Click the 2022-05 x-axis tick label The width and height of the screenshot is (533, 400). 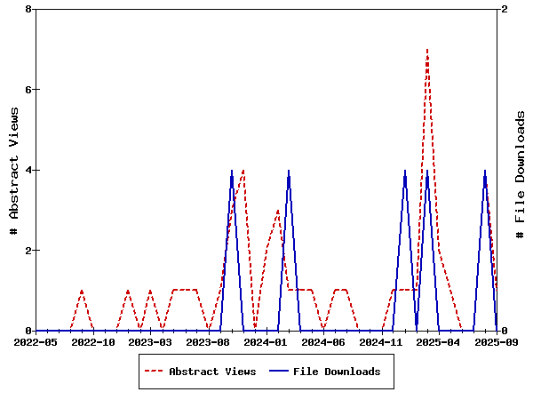(36, 342)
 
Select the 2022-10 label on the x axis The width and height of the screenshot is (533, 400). (93, 342)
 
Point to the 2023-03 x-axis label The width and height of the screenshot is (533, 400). (151, 342)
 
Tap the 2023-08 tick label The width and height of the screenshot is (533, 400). (209, 342)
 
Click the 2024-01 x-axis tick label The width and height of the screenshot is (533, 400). (266, 342)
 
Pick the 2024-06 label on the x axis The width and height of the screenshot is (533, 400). (324, 342)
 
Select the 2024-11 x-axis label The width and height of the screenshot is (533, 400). (382, 342)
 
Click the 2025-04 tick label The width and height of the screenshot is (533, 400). (439, 342)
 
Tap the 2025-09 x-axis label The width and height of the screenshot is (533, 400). (496, 342)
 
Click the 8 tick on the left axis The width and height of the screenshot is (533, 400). (29, 10)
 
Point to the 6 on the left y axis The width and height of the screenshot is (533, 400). (29, 90)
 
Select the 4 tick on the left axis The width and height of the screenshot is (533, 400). (29, 170)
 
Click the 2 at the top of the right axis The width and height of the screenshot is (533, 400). (505, 10)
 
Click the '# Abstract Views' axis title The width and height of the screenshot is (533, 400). (14, 170)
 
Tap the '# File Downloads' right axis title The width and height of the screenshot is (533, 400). (521, 174)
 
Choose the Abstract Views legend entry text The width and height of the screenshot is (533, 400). (212, 372)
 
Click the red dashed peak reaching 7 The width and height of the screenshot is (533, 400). (427, 51)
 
